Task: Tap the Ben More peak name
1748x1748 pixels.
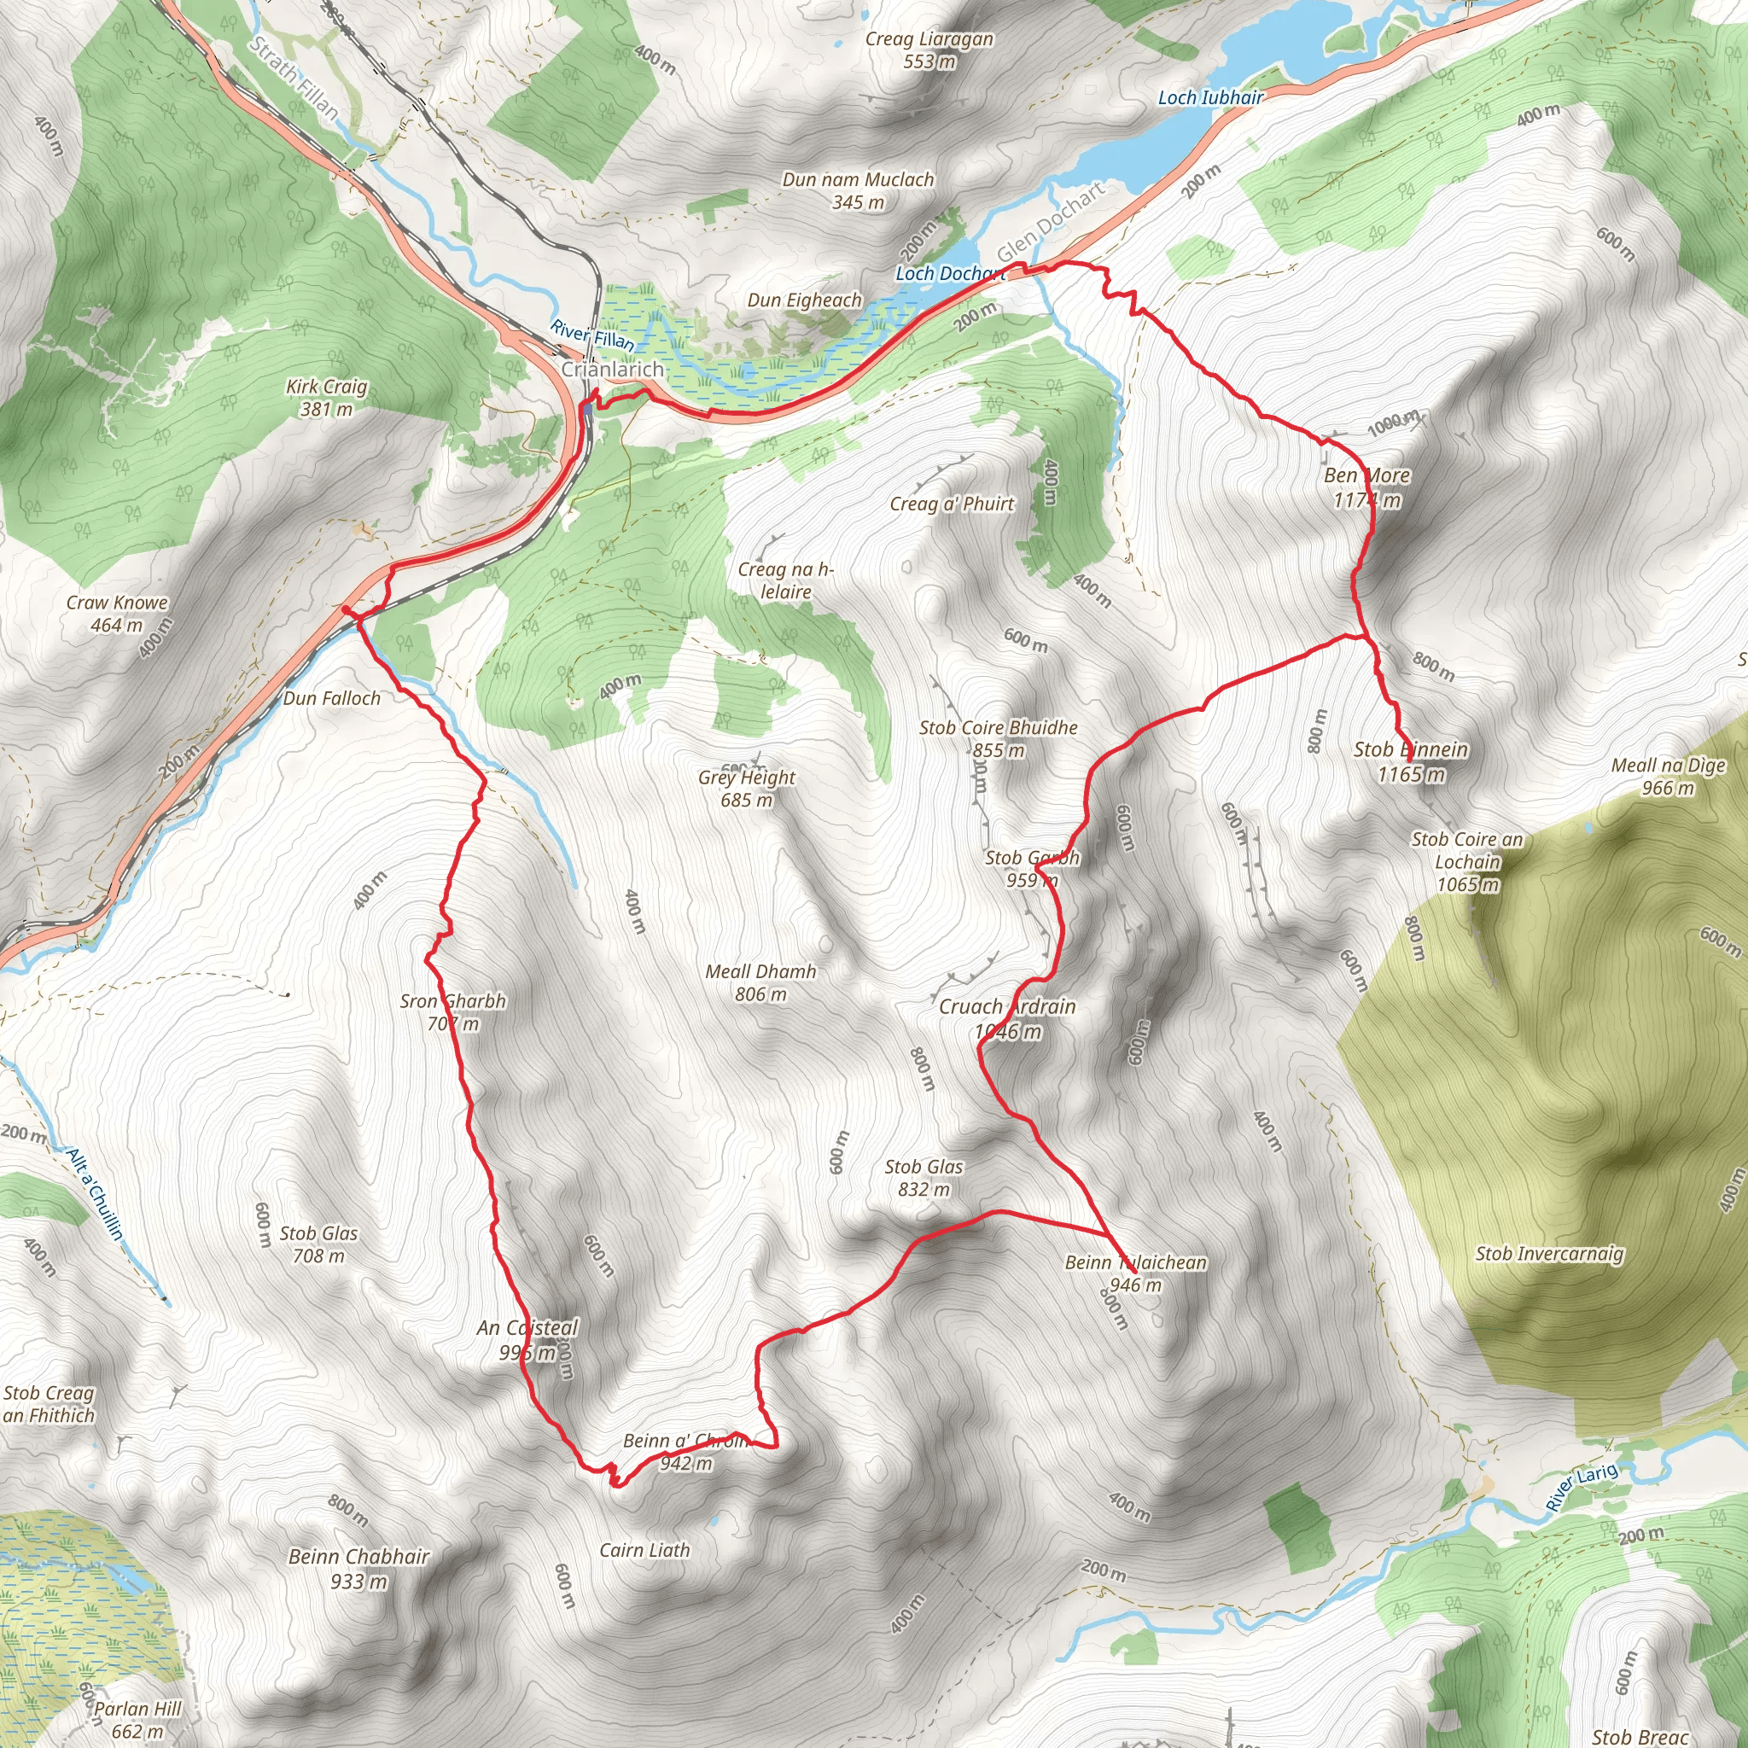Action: click(1366, 476)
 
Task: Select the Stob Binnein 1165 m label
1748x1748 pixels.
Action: click(1411, 760)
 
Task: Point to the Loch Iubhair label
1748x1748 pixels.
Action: click(1210, 97)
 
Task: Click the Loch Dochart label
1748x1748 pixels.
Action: click(949, 273)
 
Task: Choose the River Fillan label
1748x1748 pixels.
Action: click(592, 335)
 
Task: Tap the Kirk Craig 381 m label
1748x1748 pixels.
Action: click(327, 397)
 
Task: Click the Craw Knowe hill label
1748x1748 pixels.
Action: click(117, 613)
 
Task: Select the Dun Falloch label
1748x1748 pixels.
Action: click(332, 697)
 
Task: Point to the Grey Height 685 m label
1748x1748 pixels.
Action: click(747, 788)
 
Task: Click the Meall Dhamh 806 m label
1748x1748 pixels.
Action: click(760, 982)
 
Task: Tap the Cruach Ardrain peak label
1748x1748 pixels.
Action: click(1007, 1018)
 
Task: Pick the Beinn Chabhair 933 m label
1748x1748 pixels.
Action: click(358, 1568)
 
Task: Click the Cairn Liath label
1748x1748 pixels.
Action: click(644, 1550)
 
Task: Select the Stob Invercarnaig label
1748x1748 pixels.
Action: click(1549, 1253)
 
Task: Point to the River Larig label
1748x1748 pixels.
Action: click(1581, 1487)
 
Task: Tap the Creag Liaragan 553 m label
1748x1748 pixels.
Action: click(929, 50)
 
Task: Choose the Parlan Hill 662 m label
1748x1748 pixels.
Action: click(137, 1719)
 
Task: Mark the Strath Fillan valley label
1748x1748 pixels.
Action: click(294, 79)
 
